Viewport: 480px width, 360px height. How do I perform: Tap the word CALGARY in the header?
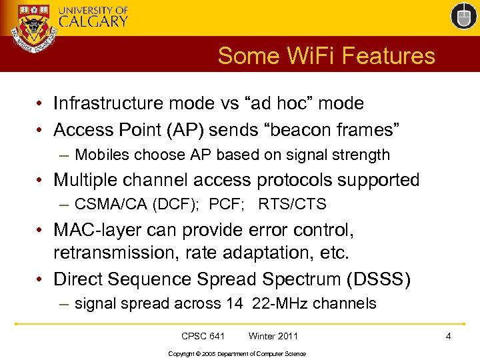93,21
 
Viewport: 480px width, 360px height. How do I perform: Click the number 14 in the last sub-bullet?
234,304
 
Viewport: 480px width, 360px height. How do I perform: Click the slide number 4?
449,336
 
